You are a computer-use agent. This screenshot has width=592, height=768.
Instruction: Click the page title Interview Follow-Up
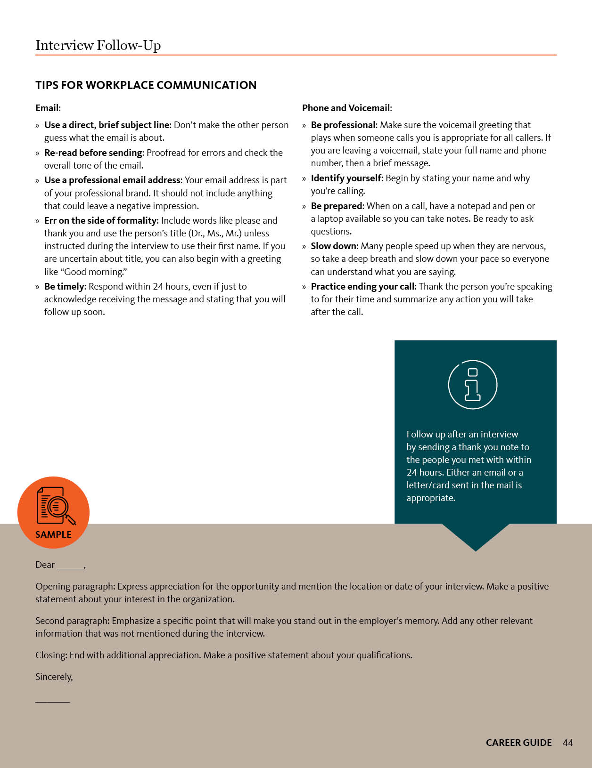(x=98, y=45)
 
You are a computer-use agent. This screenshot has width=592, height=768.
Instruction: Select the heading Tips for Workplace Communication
(x=146, y=85)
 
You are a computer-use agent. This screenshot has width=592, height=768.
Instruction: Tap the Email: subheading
(x=48, y=108)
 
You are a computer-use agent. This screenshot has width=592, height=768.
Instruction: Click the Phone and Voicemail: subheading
(x=347, y=108)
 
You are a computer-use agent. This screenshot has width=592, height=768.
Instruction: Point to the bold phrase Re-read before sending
(x=93, y=153)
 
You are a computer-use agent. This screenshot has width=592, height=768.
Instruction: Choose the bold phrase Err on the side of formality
(x=100, y=220)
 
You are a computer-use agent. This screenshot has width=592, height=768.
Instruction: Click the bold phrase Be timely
(x=65, y=286)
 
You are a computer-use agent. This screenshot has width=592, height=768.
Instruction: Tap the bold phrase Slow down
(x=334, y=246)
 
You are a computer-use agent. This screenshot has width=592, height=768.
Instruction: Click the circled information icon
(x=472, y=384)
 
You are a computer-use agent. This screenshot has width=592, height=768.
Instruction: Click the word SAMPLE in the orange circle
(x=53, y=534)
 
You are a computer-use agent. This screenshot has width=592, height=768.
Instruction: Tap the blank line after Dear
(x=70, y=566)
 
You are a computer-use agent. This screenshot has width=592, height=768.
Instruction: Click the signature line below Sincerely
(x=52, y=701)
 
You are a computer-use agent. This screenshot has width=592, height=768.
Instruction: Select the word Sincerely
(x=54, y=677)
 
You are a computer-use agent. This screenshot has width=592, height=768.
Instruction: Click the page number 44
(x=567, y=743)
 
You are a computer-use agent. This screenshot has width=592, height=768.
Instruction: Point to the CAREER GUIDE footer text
(x=518, y=743)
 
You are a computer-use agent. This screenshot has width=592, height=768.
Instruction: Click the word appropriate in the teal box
(x=430, y=498)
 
